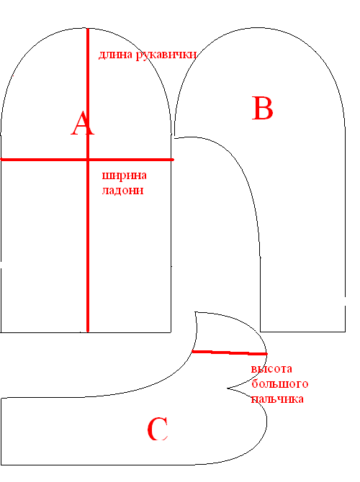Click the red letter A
[83, 124]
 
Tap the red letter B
[263, 108]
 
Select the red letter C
[158, 429]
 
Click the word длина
[116, 55]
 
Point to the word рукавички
[166, 55]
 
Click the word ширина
[125, 176]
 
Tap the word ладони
[123, 191]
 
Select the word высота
[271, 369]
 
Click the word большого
[279, 383]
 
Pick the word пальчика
[277, 399]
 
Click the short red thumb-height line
[230, 353]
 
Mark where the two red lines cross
[88, 159]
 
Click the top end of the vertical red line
[88, 29]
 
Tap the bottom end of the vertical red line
[88, 332]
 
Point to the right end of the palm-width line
[174, 160]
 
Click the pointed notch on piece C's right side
[228, 388]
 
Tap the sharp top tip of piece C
[195, 312]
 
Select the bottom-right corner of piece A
[171, 332]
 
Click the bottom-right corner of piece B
[345, 332]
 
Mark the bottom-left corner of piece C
[1, 465]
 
